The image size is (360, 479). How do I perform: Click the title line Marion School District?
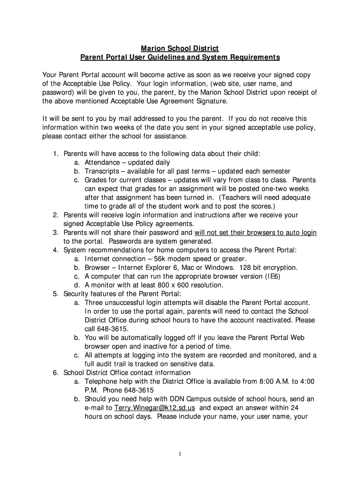(x=180, y=49)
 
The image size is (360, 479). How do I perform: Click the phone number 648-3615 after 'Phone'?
(x=140, y=390)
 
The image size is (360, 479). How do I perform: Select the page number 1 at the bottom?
(x=180, y=454)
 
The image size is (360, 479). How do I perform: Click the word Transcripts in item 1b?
(x=102, y=171)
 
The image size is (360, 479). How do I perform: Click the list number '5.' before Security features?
(x=55, y=294)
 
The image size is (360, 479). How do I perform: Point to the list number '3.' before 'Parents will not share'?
(x=55, y=232)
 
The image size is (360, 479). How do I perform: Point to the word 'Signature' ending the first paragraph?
(x=210, y=101)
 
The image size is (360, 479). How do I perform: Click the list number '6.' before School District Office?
(x=55, y=373)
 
